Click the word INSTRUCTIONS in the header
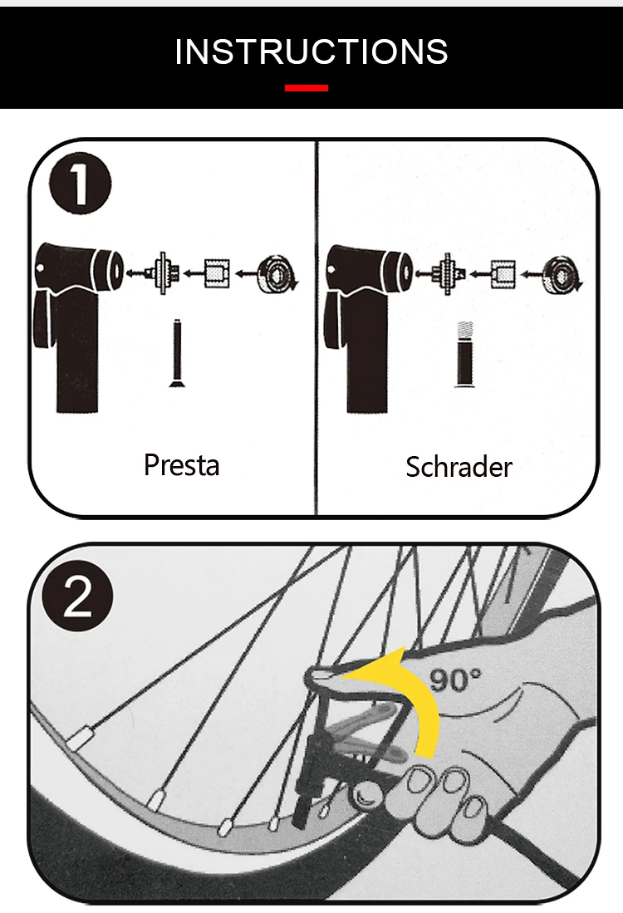(311, 52)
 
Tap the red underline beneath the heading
(307, 88)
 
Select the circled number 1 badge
(80, 184)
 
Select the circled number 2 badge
(78, 596)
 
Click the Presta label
(182, 465)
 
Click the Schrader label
(459, 467)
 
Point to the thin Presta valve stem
(177, 353)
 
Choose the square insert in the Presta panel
(217, 273)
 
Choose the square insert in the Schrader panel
(503, 274)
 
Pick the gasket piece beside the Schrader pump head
(448, 273)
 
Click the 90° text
(455, 680)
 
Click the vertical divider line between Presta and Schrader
(316, 327)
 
